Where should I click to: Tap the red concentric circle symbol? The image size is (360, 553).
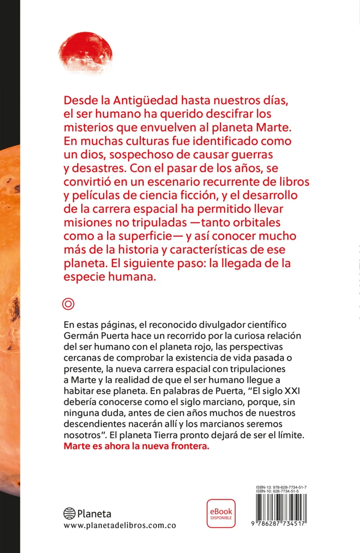68,304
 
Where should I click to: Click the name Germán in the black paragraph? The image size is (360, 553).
80,334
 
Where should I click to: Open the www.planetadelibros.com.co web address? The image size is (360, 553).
119,526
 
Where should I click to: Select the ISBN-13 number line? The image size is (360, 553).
281,488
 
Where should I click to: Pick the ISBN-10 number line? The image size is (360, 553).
281,492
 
